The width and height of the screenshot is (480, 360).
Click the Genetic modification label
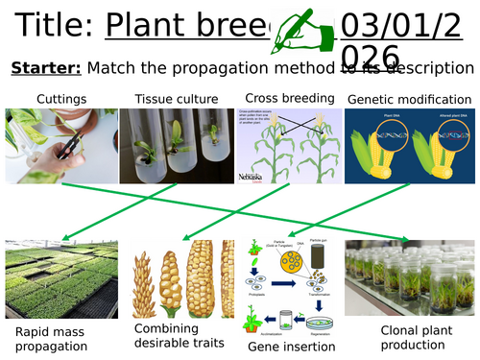411,99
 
